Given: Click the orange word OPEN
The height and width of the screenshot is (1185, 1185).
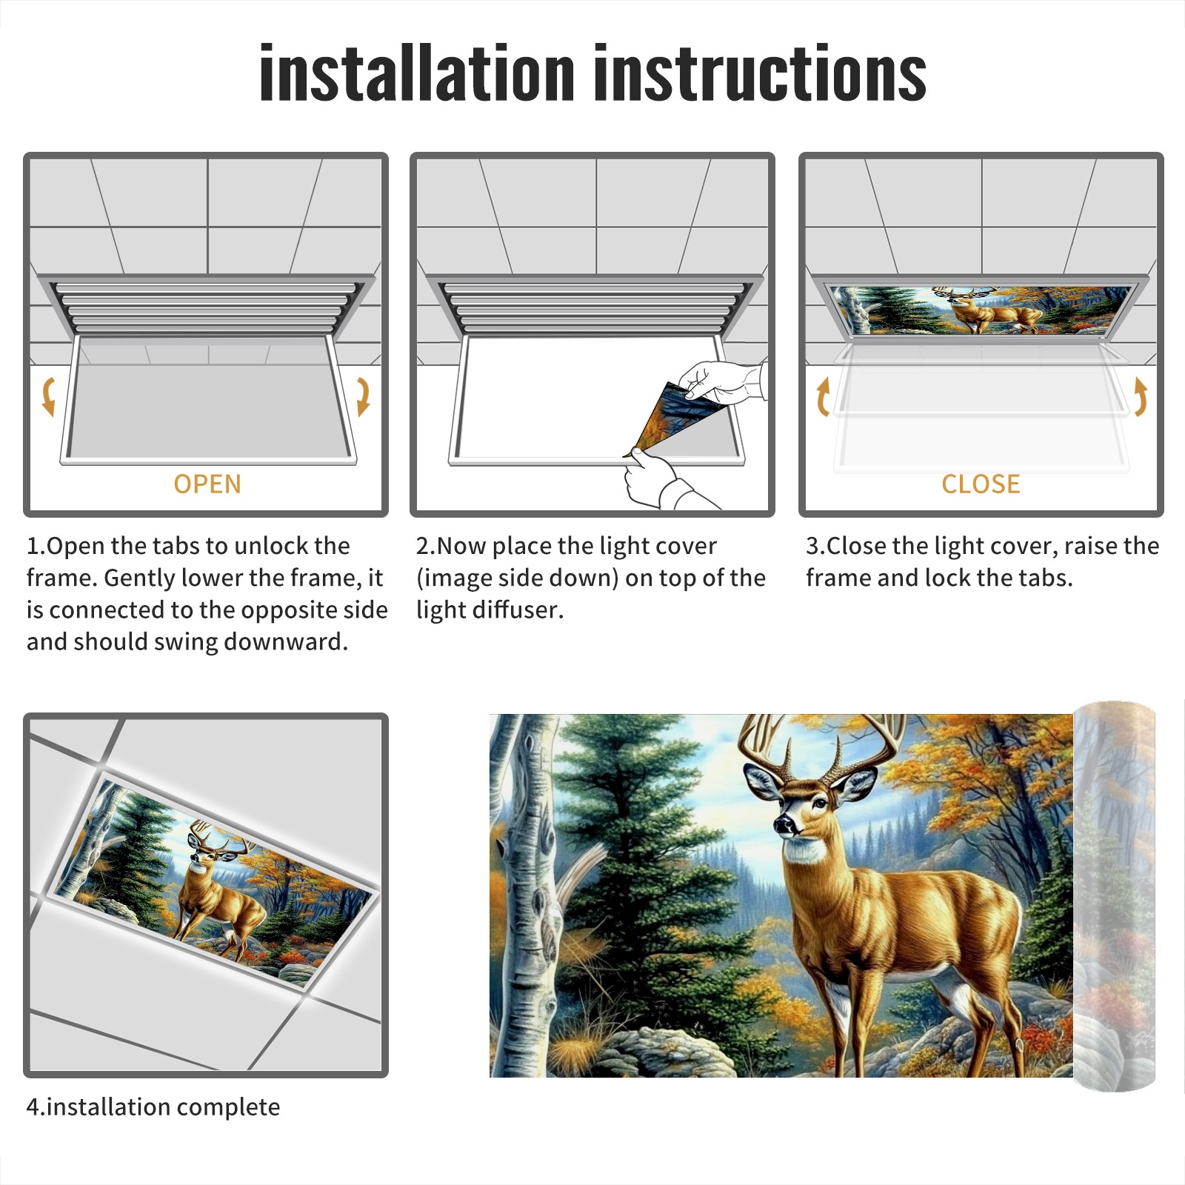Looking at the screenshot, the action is coord(207,484).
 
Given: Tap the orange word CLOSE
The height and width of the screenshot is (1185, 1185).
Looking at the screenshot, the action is coord(981,484).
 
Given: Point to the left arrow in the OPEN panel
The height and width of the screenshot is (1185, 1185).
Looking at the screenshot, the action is coord(48,396).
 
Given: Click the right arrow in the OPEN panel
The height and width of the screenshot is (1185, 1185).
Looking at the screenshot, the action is coord(363,396).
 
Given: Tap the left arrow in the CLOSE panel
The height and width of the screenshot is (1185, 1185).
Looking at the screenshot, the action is coord(823,396).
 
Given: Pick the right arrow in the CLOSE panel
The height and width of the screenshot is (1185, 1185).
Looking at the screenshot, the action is coord(1141,396).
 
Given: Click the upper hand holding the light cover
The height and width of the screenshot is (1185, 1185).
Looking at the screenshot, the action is coord(722,382).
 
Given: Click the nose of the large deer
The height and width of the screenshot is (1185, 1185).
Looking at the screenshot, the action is coord(782,824).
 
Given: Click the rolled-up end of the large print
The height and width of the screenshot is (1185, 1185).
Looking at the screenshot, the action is coord(1115,896).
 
